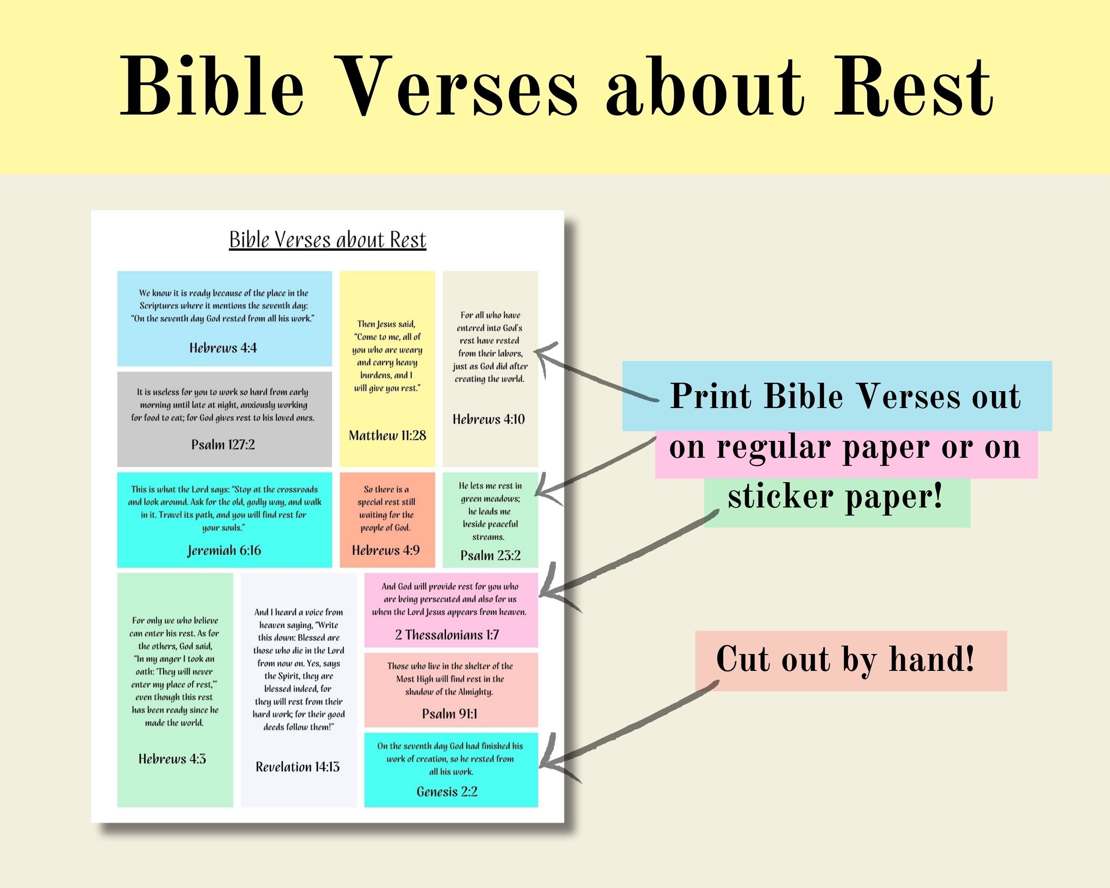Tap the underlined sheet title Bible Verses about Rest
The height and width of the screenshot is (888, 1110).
tap(327, 240)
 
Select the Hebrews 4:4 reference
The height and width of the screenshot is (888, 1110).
tap(223, 348)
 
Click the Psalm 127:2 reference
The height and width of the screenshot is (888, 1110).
tap(223, 444)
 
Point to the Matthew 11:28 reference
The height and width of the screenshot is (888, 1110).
tap(387, 436)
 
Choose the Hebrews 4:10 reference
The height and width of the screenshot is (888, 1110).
tap(488, 419)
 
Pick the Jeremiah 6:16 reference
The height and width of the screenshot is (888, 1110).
tap(224, 550)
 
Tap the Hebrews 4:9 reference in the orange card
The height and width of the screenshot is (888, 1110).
tap(386, 550)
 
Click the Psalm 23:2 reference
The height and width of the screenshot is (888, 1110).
tap(490, 555)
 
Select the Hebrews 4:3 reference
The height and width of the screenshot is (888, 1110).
tap(172, 759)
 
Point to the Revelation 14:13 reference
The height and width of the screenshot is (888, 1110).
tap(297, 767)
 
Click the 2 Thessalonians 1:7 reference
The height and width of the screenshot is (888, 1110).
tap(447, 635)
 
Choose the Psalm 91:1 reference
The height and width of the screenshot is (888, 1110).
tap(449, 714)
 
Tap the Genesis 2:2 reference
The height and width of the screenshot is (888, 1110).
tap(447, 792)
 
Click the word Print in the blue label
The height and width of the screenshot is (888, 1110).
tap(710, 396)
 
